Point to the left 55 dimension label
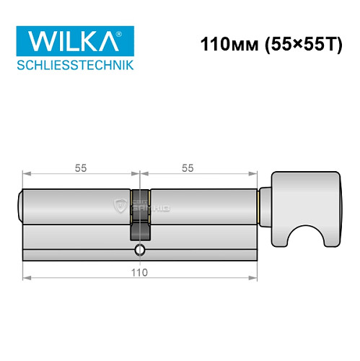pyautogui.click(x=80, y=168)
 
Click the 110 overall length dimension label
pyautogui.click(x=139, y=272)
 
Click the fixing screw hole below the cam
pyautogui.click(x=139, y=251)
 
